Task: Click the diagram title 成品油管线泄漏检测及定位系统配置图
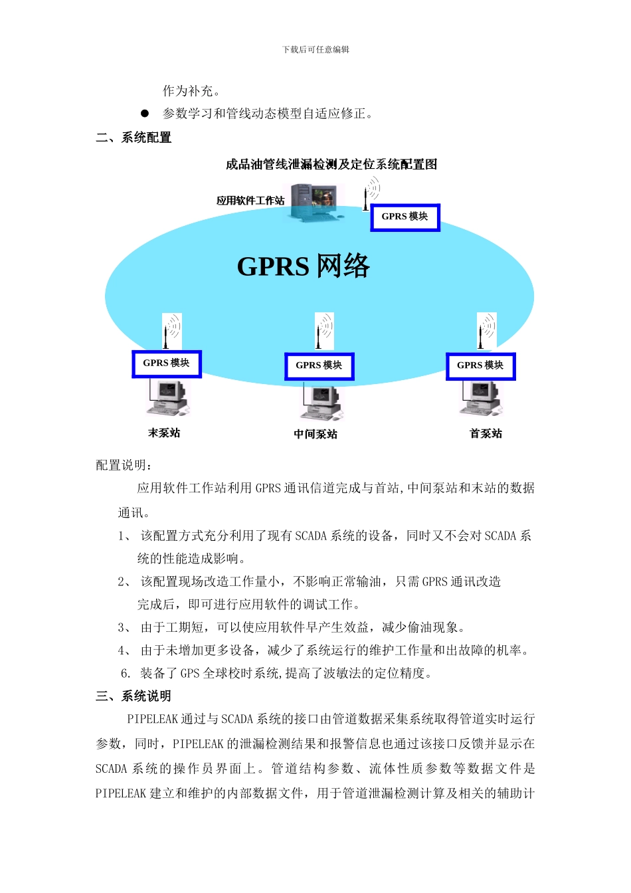(331, 164)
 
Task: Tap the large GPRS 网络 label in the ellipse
(303, 266)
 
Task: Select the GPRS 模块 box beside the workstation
(405, 217)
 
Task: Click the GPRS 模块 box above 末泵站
(166, 363)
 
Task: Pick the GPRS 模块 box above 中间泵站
(319, 366)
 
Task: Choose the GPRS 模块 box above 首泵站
(480, 366)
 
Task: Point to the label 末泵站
(164, 433)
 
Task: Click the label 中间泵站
(315, 435)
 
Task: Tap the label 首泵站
(486, 434)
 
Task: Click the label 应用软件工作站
(250, 201)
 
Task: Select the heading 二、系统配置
(134, 138)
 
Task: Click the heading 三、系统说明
(134, 696)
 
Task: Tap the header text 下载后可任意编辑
(315, 49)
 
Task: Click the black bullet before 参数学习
(144, 114)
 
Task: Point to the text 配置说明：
(124, 465)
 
